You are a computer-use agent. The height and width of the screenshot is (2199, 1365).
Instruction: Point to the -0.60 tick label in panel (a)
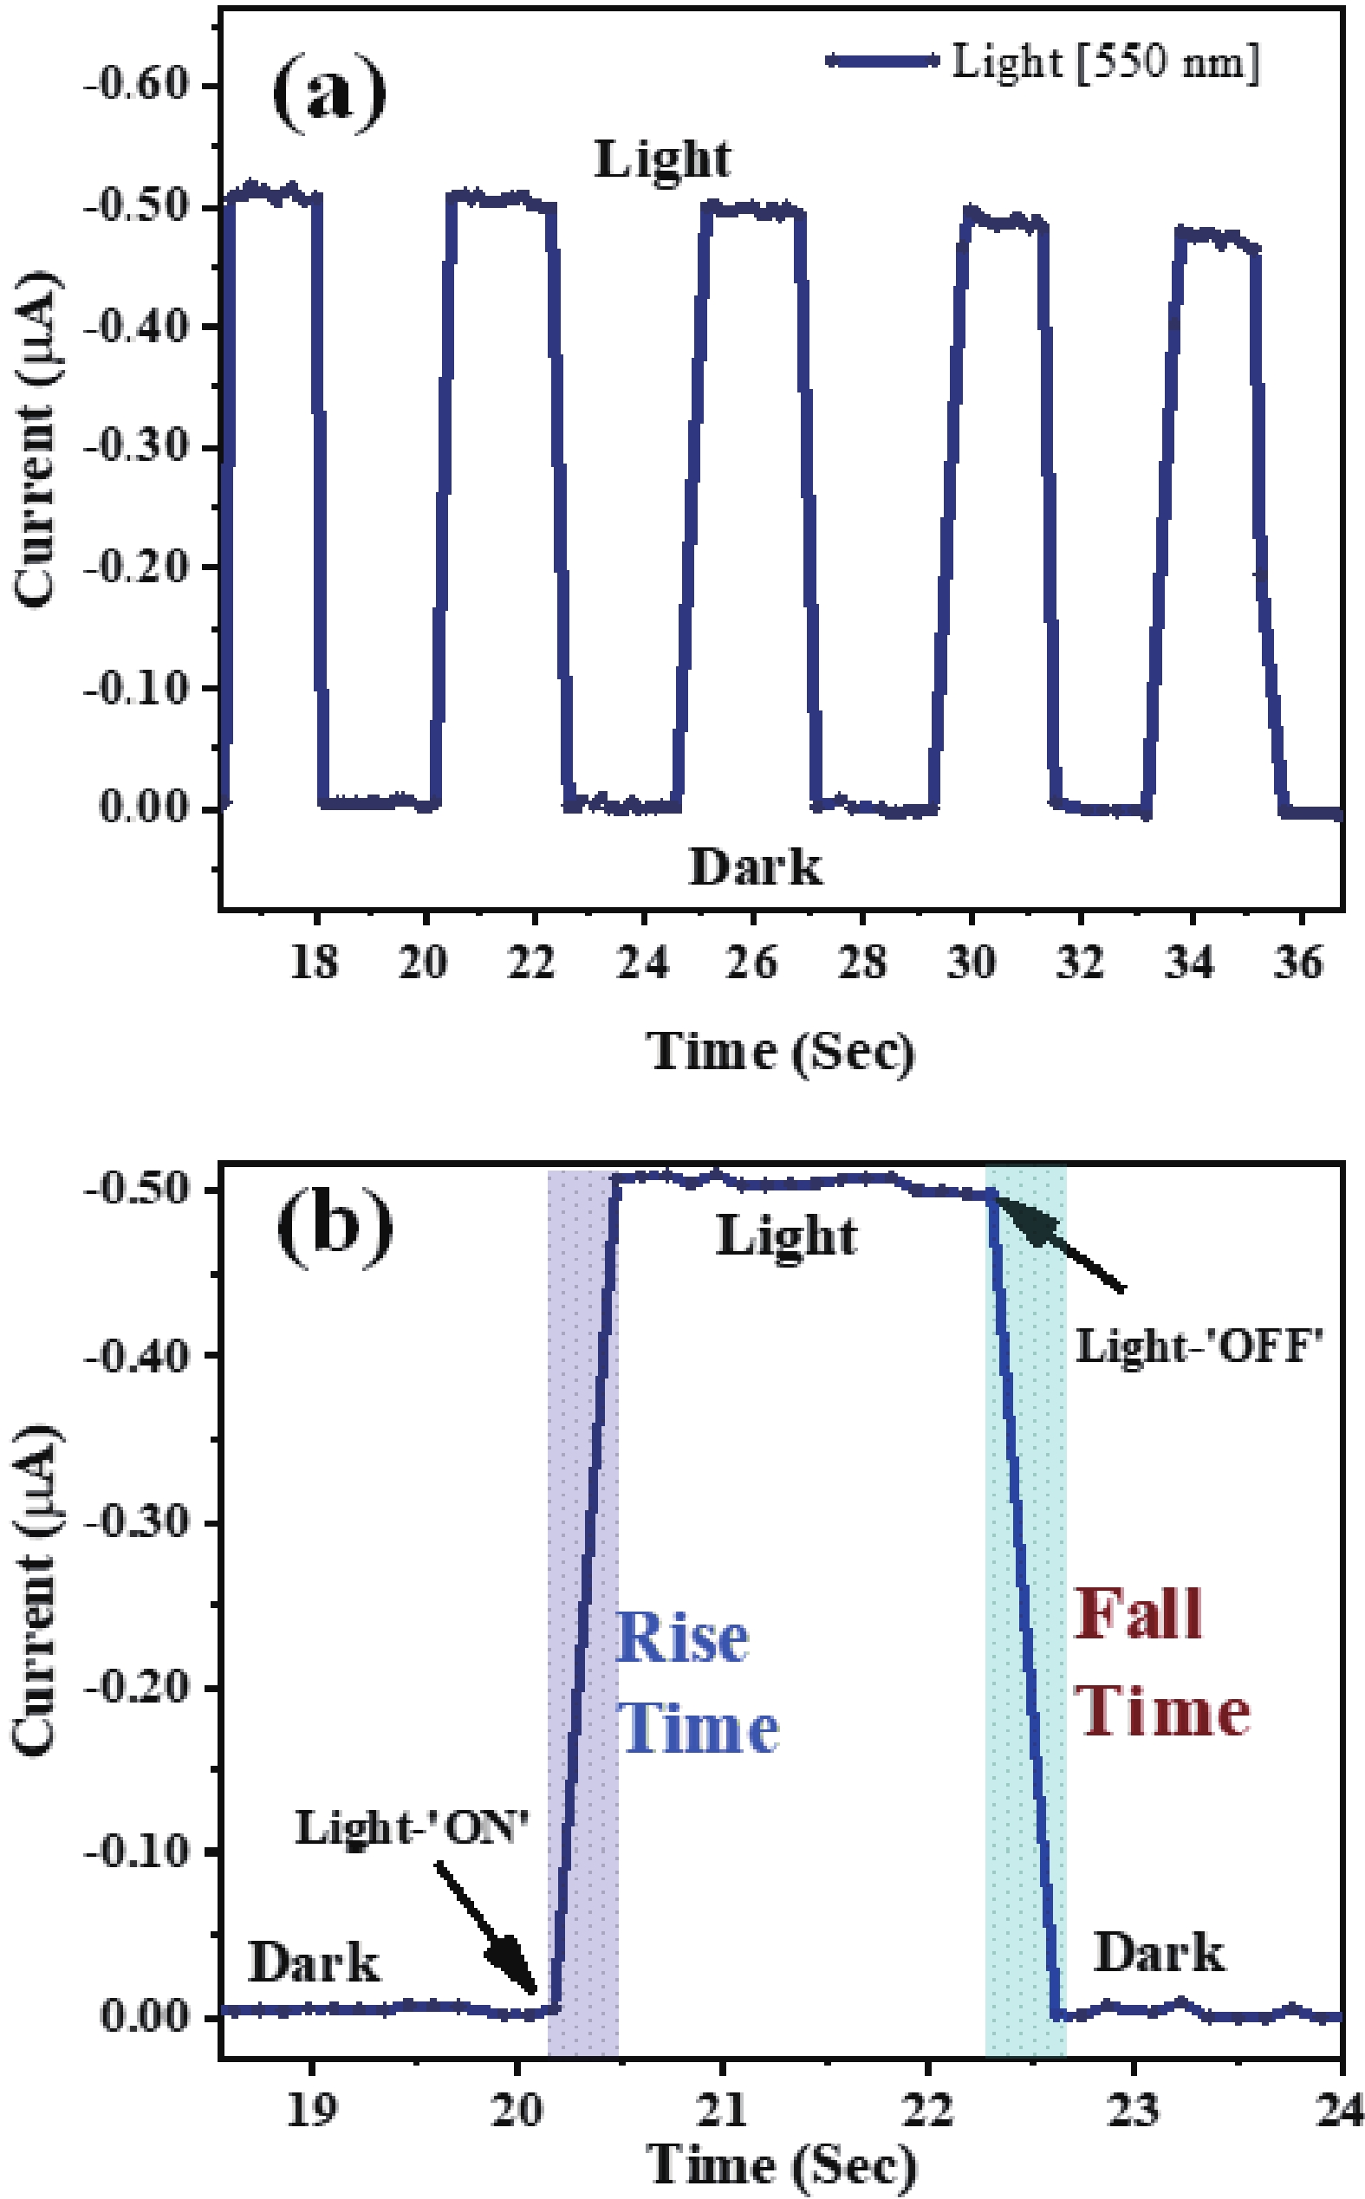point(136,86)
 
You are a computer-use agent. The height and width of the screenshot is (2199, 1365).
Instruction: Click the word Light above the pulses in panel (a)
point(662,160)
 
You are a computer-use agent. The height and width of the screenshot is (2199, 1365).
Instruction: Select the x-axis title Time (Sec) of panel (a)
point(781,1052)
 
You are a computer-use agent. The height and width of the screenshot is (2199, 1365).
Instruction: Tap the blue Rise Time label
point(695,1682)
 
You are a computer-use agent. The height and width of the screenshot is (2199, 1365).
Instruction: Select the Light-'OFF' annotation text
point(1199,1348)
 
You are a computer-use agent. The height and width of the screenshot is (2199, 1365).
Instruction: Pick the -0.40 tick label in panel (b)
point(137,1355)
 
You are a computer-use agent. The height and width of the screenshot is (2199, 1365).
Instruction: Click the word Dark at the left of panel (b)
point(313,1963)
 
